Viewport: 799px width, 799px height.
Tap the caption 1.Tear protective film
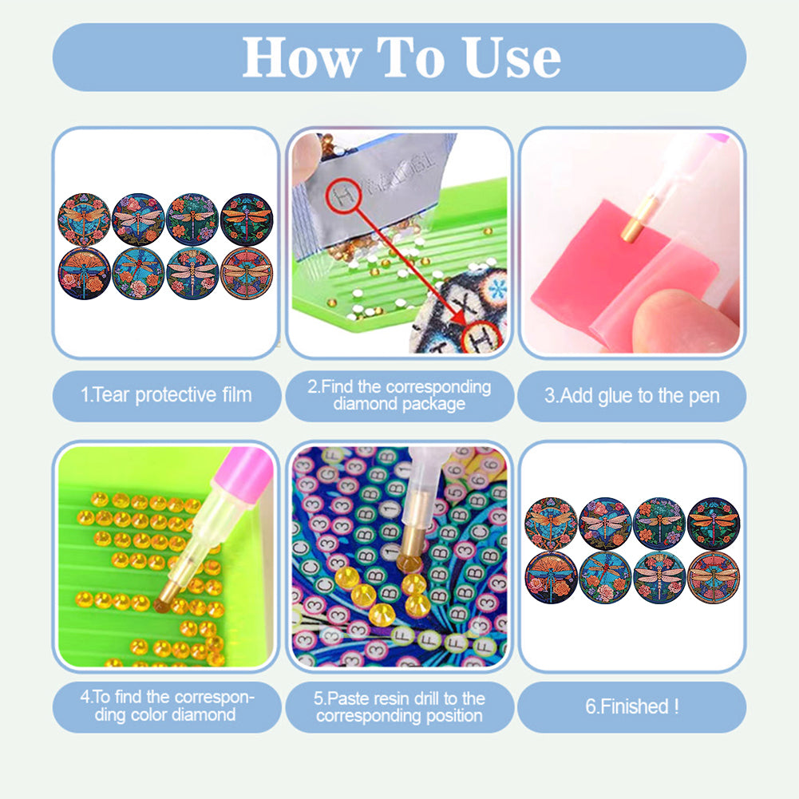tap(166, 395)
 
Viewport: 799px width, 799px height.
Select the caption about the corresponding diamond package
tap(399, 395)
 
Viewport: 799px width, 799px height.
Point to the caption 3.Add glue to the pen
tap(631, 395)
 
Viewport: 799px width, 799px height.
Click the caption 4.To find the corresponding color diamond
tap(166, 706)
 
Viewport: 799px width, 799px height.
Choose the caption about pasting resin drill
tap(399, 706)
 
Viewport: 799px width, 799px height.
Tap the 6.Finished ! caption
tap(631, 706)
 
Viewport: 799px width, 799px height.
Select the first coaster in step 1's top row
tap(84, 218)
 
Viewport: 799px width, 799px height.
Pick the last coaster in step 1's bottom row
tap(247, 273)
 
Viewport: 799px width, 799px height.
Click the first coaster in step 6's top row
tap(551, 523)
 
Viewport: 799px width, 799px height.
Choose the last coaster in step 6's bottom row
tap(713, 576)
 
